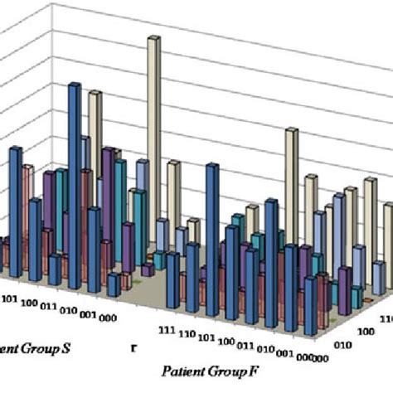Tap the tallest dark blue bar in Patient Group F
213,224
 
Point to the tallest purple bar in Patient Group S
109,191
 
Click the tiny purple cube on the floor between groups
147,269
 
